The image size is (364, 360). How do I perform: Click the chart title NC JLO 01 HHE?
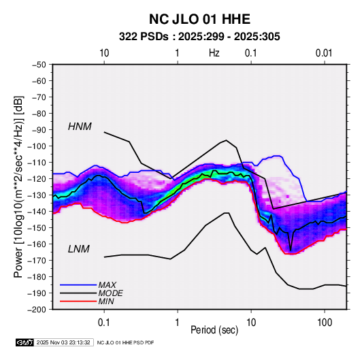click(x=199, y=19)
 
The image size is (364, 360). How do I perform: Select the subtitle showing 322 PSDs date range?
click(x=199, y=37)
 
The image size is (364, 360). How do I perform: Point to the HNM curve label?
click(x=80, y=127)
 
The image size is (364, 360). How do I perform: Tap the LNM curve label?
click(x=79, y=249)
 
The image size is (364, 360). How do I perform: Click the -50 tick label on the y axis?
click(x=39, y=65)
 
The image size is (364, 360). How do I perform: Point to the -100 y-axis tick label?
click(x=37, y=146)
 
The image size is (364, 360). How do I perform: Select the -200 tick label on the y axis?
click(x=37, y=310)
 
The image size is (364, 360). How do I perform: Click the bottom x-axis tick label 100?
click(x=325, y=323)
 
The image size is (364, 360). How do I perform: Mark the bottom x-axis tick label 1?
click(x=178, y=323)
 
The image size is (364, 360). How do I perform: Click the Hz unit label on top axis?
click(x=214, y=53)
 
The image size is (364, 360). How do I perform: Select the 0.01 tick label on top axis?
click(x=324, y=53)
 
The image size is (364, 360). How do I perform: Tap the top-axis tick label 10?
click(x=104, y=53)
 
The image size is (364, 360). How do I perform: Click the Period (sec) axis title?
click(x=214, y=330)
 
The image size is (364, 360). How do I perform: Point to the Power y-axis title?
click(x=18, y=186)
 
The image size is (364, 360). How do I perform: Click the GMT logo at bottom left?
click(x=24, y=342)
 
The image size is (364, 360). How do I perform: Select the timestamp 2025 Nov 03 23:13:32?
click(x=63, y=342)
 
